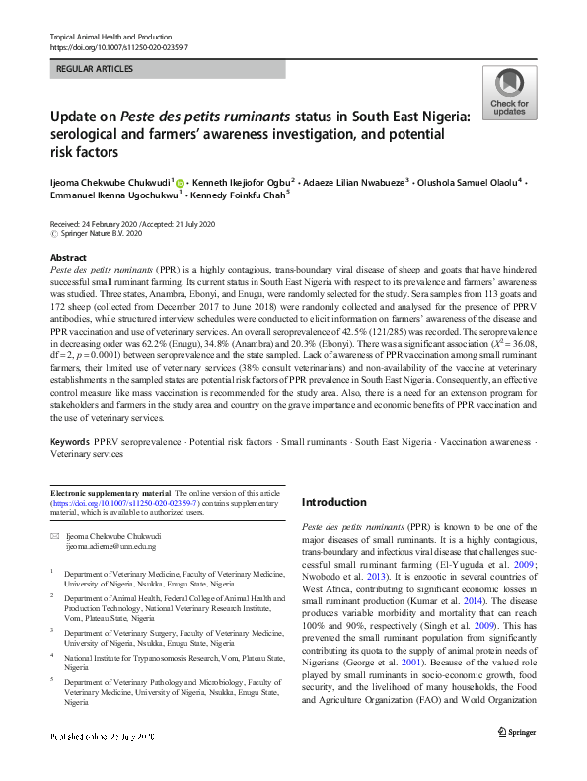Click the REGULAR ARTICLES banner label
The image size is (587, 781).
96,69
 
